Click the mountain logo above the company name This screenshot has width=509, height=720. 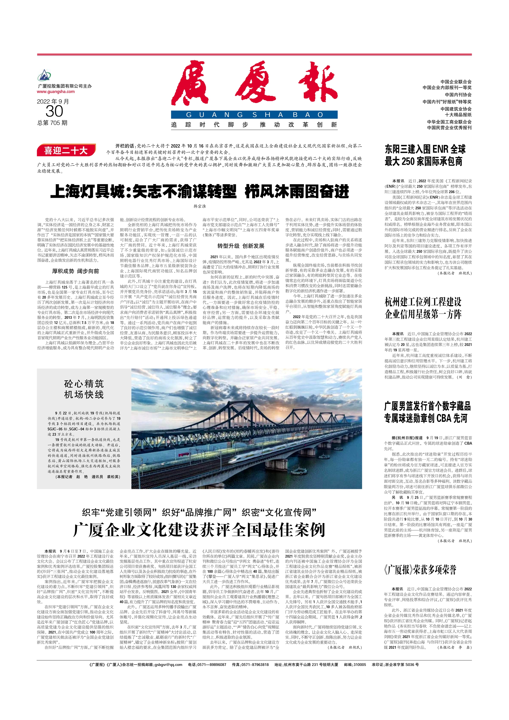(44, 76)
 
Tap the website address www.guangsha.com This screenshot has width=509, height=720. (56, 92)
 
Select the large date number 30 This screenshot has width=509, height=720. (54, 111)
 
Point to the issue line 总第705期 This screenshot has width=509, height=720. (52, 123)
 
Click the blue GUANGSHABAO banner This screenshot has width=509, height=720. (254, 115)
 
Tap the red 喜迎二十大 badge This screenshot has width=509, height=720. (66, 151)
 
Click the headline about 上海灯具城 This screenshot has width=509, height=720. (199, 191)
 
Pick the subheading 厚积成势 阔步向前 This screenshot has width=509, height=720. (76, 271)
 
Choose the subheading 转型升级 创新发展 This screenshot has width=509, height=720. (241, 246)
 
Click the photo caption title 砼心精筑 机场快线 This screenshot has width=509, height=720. (84, 389)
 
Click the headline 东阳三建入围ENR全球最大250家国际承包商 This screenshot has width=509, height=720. (425, 155)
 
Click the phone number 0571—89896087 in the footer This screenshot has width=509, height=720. (211, 665)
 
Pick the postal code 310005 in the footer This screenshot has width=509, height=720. (359, 665)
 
